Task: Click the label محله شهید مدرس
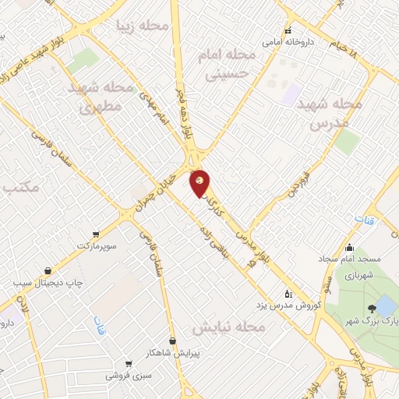(x=337, y=114)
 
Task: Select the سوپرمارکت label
(x=97, y=245)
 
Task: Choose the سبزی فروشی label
(x=129, y=375)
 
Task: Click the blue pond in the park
(x=385, y=305)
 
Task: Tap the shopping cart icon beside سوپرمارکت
(x=96, y=234)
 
